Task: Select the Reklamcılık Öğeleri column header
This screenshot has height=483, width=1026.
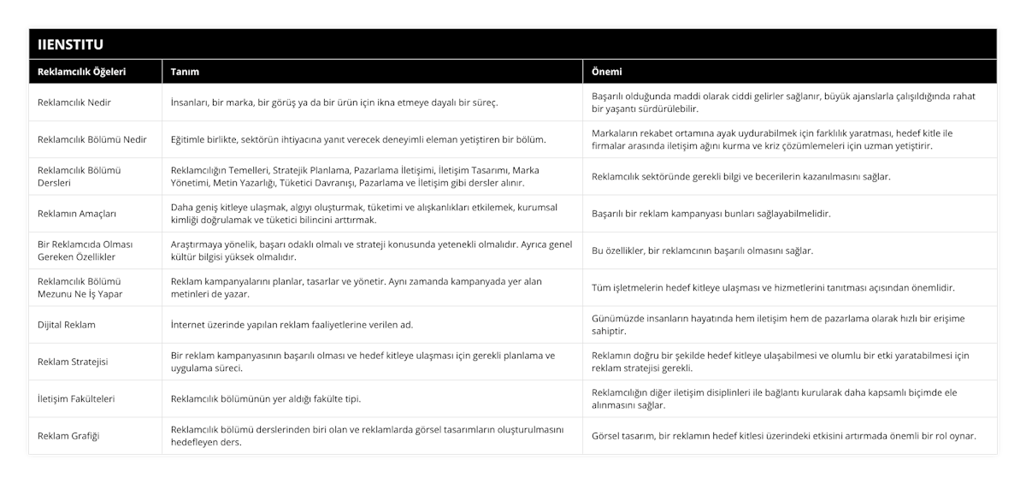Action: (x=82, y=72)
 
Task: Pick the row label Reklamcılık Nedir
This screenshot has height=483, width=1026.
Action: (x=75, y=103)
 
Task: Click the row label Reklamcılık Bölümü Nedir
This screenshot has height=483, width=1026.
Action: (x=92, y=139)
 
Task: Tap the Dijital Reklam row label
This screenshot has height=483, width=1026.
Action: (x=67, y=325)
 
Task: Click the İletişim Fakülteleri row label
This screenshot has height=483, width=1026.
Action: (x=77, y=398)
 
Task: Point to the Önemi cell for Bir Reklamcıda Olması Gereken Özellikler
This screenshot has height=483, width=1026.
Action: (x=703, y=250)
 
